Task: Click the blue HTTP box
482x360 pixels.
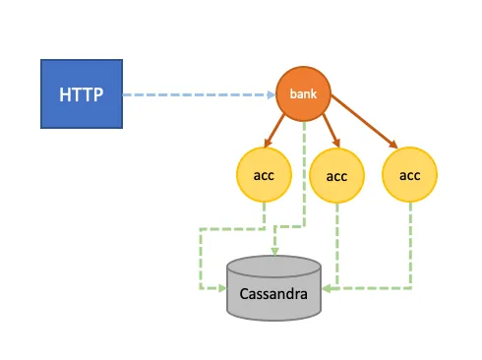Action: click(82, 94)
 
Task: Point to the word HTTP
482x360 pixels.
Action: click(82, 95)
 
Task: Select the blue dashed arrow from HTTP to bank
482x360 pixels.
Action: click(197, 95)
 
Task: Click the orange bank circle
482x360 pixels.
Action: click(302, 94)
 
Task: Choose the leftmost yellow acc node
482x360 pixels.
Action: click(264, 174)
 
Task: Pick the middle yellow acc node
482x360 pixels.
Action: click(336, 176)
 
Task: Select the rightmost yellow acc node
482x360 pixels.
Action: click(409, 174)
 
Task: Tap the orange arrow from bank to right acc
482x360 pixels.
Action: click(364, 123)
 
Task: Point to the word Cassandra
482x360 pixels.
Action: click(274, 294)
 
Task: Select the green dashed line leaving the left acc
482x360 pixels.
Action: click(264, 216)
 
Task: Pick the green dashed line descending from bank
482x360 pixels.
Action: click(303, 177)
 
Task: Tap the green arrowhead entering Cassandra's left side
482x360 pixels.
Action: click(221, 289)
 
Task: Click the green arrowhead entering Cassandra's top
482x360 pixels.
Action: click(274, 255)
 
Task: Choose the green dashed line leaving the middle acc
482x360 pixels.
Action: click(336, 246)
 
